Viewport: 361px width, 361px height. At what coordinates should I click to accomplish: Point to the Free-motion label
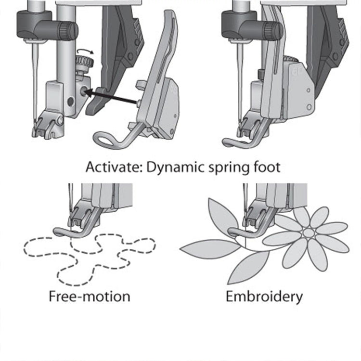90,296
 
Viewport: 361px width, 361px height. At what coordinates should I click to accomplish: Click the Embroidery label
264,297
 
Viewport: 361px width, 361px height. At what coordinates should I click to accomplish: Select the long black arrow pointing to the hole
113,99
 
